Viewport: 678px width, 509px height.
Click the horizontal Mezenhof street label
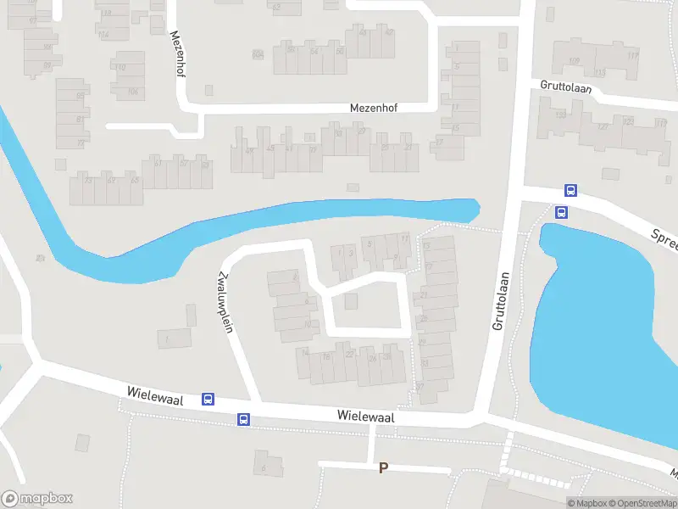[374, 108]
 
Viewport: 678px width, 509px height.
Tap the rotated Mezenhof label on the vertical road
[178, 54]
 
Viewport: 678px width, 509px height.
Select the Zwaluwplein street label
[225, 302]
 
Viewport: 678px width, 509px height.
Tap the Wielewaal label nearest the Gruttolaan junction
[365, 417]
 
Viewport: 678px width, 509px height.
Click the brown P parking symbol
[383, 467]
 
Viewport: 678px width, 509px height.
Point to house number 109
[574, 60]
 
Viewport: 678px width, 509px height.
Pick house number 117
[632, 55]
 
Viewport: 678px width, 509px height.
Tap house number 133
[560, 115]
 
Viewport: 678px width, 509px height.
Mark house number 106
[132, 91]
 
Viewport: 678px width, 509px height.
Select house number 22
[349, 354]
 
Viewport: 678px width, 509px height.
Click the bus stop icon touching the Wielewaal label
[208, 399]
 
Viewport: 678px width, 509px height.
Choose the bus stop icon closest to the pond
[561, 212]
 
